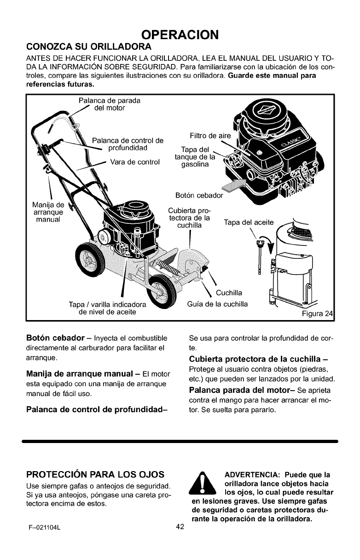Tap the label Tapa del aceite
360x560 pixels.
click(x=249, y=222)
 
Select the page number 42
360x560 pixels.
click(x=180, y=527)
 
